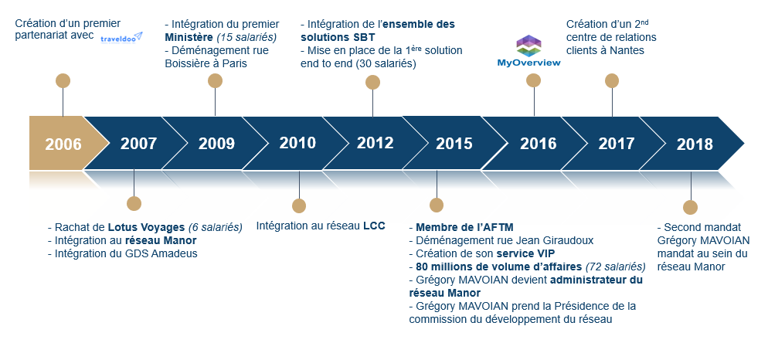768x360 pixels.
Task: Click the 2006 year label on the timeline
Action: [x=63, y=144]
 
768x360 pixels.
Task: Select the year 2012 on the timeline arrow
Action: [x=376, y=143]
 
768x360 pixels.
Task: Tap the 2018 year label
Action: [x=695, y=144]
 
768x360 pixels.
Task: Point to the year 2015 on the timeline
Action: [x=454, y=144]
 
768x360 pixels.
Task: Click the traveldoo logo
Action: [x=121, y=38]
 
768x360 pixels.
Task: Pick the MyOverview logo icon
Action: [x=529, y=46]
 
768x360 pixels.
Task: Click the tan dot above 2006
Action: [x=63, y=81]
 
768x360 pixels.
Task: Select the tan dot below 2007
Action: [x=134, y=204]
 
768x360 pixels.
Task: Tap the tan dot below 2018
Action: [x=691, y=207]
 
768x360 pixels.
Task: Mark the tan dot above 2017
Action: [x=612, y=81]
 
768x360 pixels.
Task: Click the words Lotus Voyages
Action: [x=147, y=228]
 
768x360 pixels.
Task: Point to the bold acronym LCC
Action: [x=374, y=226]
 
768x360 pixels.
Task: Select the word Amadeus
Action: [x=177, y=253]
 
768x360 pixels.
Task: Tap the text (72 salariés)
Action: [x=615, y=267]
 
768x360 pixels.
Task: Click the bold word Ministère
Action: [x=189, y=37]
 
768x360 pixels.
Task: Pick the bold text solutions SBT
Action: [x=338, y=37]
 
